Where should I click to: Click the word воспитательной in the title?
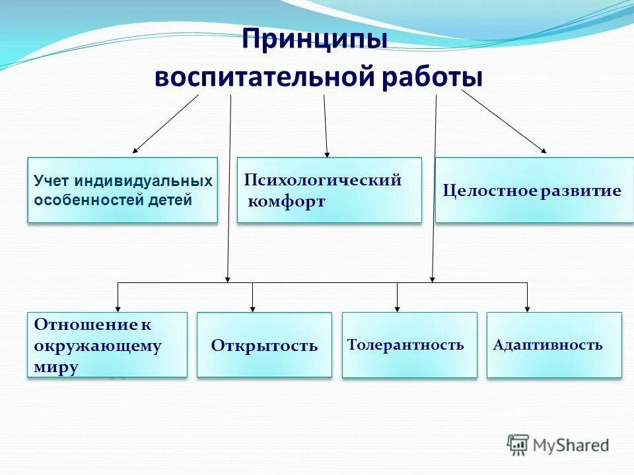[x=264, y=77]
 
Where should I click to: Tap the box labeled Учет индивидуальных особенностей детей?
[x=122, y=190]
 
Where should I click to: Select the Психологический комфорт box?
[x=329, y=190]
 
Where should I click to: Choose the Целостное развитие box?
[x=534, y=190]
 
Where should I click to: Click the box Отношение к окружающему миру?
[x=107, y=345]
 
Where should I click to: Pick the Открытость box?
[x=264, y=345]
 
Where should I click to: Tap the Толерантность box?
[x=409, y=345]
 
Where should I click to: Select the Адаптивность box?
[x=553, y=345]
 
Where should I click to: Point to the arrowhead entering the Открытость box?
[x=252, y=307]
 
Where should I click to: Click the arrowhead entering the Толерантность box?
[x=397, y=307]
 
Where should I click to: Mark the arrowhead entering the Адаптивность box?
[x=527, y=307]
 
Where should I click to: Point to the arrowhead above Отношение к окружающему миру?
[x=118, y=307]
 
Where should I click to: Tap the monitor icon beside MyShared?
[x=518, y=445]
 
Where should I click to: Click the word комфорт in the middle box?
[x=287, y=202]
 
